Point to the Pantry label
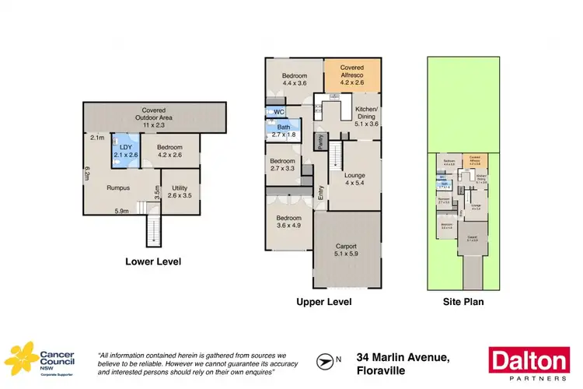tap(319, 141)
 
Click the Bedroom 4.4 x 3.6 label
tap(294, 78)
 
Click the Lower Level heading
tap(153, 262)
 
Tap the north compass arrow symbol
tap(325, 360)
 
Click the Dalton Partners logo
tap(529, 363)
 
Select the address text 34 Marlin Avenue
tap(400, 357)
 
